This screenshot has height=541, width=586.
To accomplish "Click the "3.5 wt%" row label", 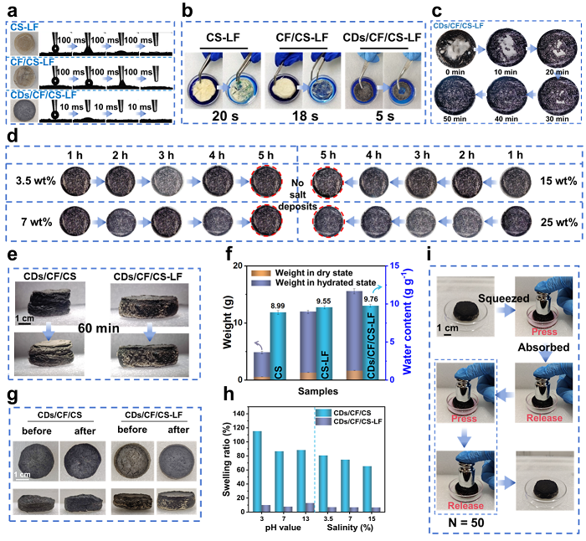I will coord(34,178).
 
